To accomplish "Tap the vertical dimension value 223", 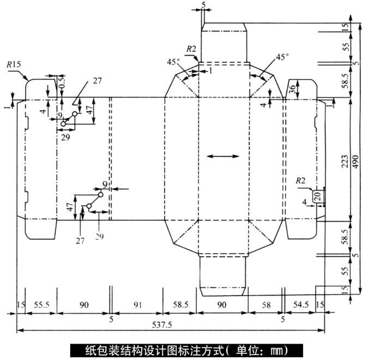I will tap(345, 158).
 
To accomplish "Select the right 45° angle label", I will tap(282, 57).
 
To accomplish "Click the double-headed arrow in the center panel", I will tap(224, 157).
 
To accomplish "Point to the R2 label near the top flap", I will tap(191, 49).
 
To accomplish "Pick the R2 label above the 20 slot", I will tap(301, 180).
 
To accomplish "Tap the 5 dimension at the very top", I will tap(204, 5).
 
